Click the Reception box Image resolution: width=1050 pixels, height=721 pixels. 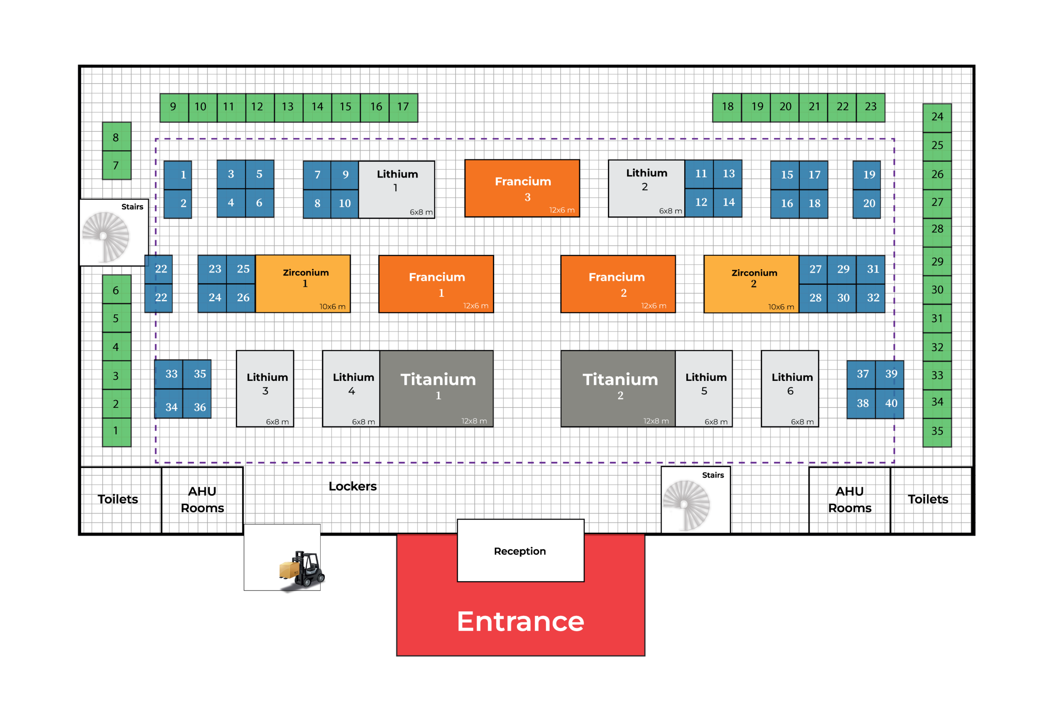coord(520,551)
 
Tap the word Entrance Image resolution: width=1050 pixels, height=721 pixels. coord(520,621)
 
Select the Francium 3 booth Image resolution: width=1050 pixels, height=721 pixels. coord(522,188)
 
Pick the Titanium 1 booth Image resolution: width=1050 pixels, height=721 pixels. coord(436,388)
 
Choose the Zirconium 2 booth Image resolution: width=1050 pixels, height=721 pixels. coord(751,284)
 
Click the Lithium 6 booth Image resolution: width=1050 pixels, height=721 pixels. coord(790,388)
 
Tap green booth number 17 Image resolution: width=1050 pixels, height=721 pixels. coord(403,107)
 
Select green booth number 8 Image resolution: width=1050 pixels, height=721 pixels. coord(116,137)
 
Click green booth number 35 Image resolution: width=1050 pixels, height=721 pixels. coord(937,431)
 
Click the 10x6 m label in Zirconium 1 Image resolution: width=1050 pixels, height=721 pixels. coord(333,307)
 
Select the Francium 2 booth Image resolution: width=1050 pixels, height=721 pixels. coord(618,284)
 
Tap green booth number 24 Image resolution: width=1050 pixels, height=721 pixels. coord(937,117)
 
